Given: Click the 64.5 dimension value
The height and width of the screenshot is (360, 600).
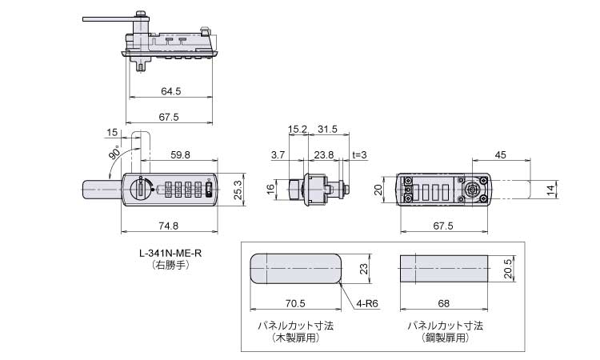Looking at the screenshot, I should (170, 91).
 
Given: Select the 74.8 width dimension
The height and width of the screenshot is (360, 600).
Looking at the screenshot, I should (168, 226).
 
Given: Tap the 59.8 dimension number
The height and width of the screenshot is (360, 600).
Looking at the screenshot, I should (180, 155).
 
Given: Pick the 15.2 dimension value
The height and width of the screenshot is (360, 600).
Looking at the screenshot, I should (298, 129).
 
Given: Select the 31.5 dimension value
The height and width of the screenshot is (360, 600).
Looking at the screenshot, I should (327, 129).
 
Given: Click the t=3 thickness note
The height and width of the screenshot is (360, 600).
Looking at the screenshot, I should (359, 155).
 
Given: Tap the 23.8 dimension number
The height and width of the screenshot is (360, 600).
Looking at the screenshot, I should (324, 155).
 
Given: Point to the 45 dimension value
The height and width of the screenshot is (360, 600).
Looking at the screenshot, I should (500, 155).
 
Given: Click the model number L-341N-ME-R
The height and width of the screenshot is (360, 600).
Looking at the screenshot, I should (170, 254).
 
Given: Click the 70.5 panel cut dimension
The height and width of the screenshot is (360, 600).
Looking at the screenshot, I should (295, 303).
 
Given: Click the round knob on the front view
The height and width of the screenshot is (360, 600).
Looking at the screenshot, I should (140, 190).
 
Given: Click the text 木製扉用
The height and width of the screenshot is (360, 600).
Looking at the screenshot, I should (295, 338).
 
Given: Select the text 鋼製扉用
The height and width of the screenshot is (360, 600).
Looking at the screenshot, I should (445, 338).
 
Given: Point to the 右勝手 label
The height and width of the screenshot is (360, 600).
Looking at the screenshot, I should (170, 266).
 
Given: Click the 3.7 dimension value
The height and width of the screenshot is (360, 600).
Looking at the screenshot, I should (278, 155).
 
